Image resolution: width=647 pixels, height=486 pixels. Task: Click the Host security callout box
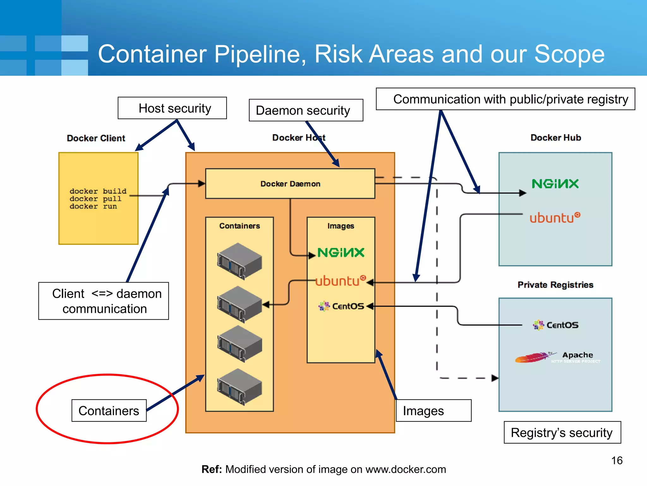172,108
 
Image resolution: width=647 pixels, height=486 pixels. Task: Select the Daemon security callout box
305,110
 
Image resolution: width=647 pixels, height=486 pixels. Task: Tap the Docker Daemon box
290,184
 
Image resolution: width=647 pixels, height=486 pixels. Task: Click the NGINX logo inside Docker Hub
555,184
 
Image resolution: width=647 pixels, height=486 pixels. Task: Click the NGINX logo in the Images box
341,252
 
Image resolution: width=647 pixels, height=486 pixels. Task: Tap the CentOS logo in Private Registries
556,325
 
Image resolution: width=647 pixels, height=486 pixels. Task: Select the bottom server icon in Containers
239,387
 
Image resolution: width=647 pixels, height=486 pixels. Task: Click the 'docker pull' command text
95,199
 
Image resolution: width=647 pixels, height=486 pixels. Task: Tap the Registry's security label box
562,433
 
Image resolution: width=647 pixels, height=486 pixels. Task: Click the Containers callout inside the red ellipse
109,411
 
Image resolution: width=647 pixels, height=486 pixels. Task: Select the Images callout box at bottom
433,411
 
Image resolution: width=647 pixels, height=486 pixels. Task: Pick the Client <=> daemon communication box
104,301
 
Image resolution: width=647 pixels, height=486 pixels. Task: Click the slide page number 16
617,460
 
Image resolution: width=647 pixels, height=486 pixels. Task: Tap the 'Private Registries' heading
555,285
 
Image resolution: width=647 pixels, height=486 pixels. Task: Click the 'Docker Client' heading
96,138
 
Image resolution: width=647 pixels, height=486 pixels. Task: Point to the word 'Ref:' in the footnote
212,469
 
